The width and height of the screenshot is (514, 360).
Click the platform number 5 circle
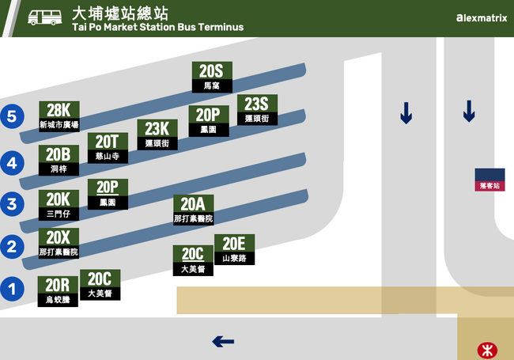11,116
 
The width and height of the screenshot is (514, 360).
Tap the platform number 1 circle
11,289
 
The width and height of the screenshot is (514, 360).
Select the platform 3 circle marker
11,204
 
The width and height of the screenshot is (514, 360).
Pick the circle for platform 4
11,164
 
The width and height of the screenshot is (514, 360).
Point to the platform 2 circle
11,246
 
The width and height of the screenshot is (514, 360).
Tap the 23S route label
257,109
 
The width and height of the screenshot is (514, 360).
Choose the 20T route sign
107,147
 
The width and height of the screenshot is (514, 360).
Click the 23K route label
157,134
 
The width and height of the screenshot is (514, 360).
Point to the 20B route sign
59,160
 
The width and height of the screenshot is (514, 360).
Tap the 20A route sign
193,210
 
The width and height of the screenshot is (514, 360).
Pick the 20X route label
59,243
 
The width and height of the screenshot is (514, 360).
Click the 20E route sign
234,249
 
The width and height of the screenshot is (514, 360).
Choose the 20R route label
59,291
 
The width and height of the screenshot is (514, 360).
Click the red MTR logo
487,348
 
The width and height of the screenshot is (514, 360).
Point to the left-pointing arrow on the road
223,342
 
